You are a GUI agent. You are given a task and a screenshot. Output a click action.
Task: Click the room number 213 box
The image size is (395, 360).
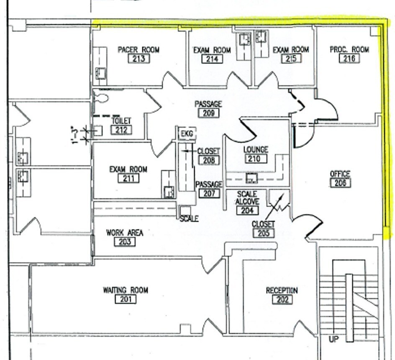tap(139, 59)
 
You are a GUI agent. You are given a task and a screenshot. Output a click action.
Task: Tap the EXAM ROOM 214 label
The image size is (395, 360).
tap(212, 50)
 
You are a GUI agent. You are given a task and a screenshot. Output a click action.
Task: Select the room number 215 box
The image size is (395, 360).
tap(291, 59)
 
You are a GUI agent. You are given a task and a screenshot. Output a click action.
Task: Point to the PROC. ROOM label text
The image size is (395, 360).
tap(349, 49)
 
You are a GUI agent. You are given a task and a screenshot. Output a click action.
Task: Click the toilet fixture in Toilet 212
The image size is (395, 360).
tap(101, 98)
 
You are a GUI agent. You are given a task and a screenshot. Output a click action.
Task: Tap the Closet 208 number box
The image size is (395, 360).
tap(208, 160)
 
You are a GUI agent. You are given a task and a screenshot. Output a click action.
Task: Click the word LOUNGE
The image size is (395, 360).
tap(256, 149)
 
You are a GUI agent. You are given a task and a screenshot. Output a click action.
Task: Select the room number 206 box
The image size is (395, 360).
tap(340, 183)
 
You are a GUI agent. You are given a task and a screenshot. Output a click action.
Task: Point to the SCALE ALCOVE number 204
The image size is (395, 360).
tap(247, 210)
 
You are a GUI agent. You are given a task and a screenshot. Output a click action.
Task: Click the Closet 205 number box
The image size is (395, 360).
tap(263, 233)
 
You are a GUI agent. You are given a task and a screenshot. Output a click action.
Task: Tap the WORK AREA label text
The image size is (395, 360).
tap(125, 232)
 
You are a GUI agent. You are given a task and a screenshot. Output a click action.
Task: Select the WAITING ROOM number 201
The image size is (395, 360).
tap(126, 299)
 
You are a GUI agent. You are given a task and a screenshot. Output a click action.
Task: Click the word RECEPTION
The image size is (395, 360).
tap(282, 291)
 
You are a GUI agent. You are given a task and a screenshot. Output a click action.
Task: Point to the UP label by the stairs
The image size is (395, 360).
tap(333, 339)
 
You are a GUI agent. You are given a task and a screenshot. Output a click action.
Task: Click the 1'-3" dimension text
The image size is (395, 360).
tap(75, 135)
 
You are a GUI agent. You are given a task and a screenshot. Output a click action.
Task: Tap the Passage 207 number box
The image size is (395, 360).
tap(209, 193)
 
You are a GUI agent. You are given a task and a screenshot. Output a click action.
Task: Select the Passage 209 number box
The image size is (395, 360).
tap(208, 113)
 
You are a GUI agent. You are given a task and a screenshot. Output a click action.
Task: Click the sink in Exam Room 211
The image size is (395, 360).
tap(169, 192)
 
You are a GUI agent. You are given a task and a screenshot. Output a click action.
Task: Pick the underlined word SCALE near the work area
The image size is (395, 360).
tap(189, 219)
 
